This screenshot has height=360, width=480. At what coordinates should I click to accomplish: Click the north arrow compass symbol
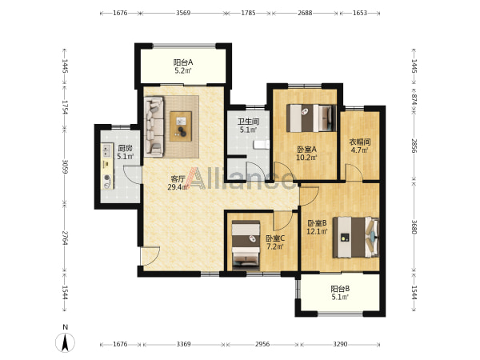65,342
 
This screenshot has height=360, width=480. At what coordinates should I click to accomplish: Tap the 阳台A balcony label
183,62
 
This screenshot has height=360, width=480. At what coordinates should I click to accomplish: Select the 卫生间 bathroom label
248,122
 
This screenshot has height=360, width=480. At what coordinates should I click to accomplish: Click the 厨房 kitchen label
126,149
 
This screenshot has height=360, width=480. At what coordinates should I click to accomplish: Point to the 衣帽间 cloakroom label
360,142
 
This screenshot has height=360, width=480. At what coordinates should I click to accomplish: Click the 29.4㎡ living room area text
178,187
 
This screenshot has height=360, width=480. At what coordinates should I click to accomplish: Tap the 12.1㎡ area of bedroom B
317,231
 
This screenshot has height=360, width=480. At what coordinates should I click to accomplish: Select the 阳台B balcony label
341,289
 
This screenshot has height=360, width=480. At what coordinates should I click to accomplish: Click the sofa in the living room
154,125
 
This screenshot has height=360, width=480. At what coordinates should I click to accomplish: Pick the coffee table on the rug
181,126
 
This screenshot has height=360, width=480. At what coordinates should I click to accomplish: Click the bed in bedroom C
246,246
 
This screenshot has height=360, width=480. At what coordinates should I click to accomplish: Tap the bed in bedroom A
311,118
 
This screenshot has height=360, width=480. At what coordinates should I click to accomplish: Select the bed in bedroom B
356,238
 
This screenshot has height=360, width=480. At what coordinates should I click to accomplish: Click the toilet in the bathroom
261,145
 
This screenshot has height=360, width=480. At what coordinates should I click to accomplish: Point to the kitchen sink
106,150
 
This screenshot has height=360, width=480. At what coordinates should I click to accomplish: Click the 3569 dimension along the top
183,13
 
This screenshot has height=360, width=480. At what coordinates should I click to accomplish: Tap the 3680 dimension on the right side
414,227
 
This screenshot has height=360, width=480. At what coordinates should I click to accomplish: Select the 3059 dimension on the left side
65,166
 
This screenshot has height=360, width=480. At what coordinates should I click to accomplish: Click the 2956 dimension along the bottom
262,344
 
